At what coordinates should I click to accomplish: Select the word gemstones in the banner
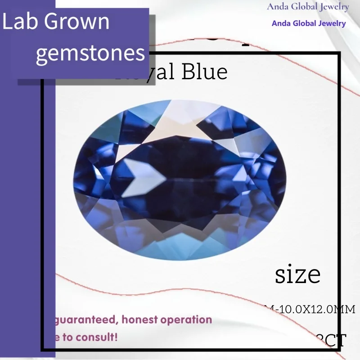click(x=90, y=53)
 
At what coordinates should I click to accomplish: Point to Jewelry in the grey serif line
click(x=333, y=7)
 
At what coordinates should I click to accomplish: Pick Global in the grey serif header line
click(x=305, y=7)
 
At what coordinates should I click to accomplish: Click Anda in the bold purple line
click(x=281, y=23)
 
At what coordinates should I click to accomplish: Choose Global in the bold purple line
click(x=305, y=23)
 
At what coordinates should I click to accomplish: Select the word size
click(x=297, y=274)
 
